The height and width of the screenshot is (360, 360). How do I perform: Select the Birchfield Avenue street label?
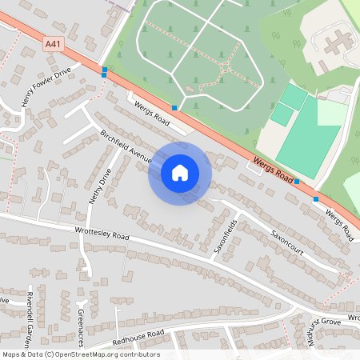point(126,145)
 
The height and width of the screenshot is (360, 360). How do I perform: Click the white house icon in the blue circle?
point(180,173)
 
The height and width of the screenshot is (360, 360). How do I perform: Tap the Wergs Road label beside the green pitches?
point(274,168)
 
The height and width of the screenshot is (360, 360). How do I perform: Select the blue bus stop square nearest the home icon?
point(174,107)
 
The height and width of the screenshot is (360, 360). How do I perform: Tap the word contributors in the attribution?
point(140,354)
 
